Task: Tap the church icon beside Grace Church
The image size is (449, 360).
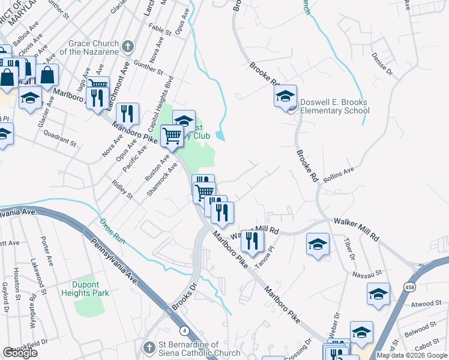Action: (x=127, y=46)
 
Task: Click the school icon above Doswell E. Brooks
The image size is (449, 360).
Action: (x=285, y=95)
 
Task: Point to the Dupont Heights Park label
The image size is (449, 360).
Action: (x=85, y=289)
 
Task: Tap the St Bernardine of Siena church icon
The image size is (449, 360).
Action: (x=149, y=347)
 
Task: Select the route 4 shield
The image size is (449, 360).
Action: (x=184, y=330)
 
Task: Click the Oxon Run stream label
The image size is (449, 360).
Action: (x=112, y=229)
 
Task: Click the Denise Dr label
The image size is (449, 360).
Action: (x=382, y=66)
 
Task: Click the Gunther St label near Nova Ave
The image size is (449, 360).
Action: (x=149, y=67)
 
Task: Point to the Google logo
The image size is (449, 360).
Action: (x=20, y=353)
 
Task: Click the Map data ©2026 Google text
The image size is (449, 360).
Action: (x=412, y=355)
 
